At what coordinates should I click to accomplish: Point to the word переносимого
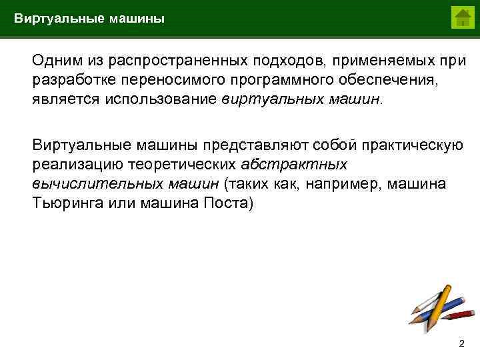[160, 81]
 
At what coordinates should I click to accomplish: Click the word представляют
[258, 145]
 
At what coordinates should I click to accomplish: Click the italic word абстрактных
[294, 165]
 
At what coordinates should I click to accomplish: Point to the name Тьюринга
[65, 203]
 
